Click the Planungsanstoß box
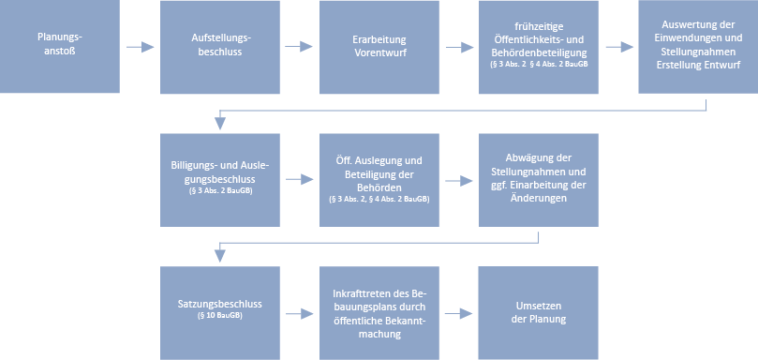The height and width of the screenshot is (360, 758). (x=60, y=46)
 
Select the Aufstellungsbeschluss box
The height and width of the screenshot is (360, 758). (x=220, y=46)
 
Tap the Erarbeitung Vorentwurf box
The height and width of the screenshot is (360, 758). (x=379, y=46)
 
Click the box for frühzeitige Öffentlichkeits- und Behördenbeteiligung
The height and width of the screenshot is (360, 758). (x=539, y=46)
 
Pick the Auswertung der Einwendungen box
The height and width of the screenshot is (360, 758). (x=698, y=46)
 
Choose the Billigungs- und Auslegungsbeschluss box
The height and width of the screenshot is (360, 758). (x=220, y=179)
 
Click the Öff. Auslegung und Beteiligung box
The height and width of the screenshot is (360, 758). (x=379, y=179)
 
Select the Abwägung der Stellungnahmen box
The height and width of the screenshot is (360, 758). (x=539, y=179)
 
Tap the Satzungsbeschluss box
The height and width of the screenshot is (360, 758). (x=220, y=312)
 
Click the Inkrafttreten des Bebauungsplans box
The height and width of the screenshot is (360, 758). (x=379, y=312)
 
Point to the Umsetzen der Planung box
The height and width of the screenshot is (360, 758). (x=539, y=312)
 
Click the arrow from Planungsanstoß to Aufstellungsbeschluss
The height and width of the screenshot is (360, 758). (x=141, y=46)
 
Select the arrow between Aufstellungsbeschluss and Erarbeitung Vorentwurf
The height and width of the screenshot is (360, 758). (x=300, y=46)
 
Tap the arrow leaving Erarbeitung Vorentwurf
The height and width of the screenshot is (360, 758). (x=459, y=46)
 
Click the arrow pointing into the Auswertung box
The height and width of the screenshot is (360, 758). (x=618, y=46)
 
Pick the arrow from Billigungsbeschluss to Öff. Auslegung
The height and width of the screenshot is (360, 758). (x=300, y=179)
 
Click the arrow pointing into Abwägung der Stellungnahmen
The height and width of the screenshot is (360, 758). (x=459, y=179)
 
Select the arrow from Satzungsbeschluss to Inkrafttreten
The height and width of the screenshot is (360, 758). (x=300, y=313)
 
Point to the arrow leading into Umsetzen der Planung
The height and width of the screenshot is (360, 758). (x=459, y=313)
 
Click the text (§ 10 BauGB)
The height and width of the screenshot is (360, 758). (x=220, y=317)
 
